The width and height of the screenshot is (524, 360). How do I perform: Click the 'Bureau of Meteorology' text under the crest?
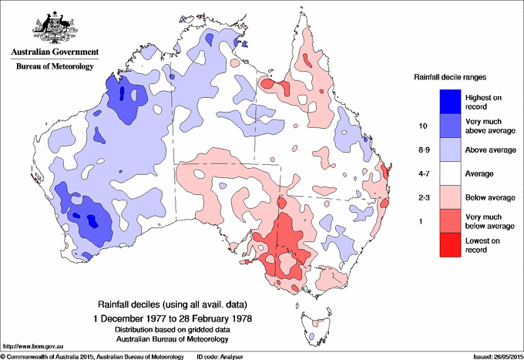pos(54,66)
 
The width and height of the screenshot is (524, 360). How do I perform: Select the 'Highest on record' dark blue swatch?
pos(450,100)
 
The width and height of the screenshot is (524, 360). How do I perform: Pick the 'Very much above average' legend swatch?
pos(450,125)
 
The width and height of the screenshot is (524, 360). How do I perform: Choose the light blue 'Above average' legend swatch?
pos(450,150)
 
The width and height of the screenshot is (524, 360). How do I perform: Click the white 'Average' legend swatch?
pos(450,174)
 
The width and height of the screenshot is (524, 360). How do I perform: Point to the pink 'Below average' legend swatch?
pos(450,198)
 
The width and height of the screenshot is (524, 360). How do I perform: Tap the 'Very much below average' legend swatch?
pos(450,222)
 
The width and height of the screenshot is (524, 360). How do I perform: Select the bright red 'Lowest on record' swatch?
pos(450,246)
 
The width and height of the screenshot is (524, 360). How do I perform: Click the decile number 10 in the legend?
pos(422,125)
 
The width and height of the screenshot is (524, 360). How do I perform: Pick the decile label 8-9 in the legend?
pos(422,150)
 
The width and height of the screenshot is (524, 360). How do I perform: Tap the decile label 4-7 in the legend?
pos(422,174)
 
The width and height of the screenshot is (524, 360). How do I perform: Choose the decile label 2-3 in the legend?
pos(422,198)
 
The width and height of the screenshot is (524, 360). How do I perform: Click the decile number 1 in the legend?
pos(422,222)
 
